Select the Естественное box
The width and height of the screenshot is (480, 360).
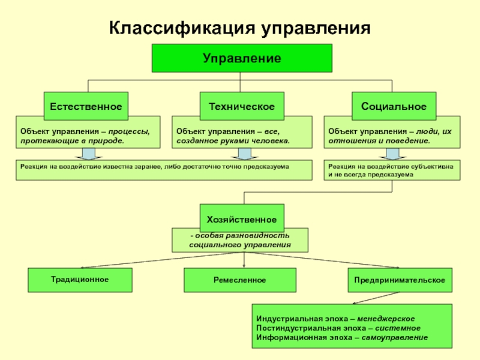click(86, 106)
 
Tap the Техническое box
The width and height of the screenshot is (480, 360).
click(241, 106)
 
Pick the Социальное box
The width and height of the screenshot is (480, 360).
click(394, 106)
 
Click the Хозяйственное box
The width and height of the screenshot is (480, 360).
click(241, 218)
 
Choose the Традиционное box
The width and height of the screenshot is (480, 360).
click(80, 280)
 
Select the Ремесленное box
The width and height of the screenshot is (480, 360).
click(239, 280)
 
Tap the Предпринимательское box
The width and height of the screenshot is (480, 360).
click(399, 280)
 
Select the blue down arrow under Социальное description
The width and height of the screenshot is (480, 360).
click(392, 154)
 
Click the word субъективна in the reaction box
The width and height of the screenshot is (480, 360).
click(432, 165)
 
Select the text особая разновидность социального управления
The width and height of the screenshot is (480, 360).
click(240, 240)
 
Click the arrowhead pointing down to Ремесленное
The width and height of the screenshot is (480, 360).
click(244, 266)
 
